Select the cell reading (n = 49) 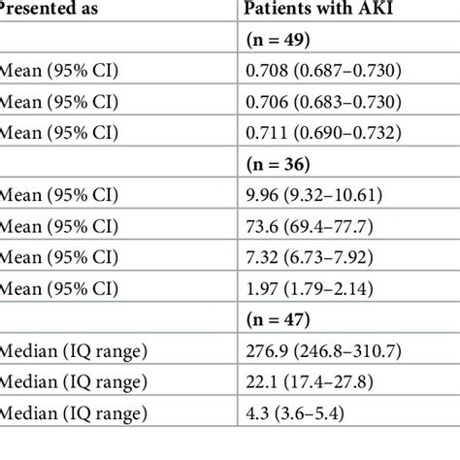point(283,43)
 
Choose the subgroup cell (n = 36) point(283,161)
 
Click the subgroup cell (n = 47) point(283,311)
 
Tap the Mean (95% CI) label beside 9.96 point(58,191)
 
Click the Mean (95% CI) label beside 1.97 point(58,280)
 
